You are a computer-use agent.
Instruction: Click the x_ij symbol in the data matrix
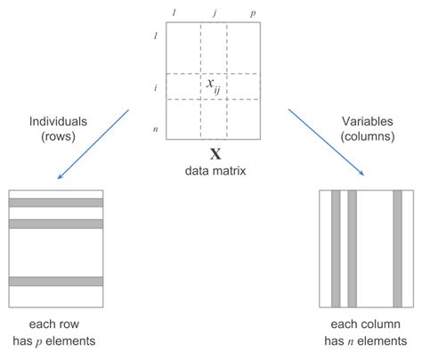coord(213,86)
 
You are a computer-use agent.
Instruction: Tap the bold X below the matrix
coord(214,153)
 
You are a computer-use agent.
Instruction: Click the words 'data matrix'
coord(214,168)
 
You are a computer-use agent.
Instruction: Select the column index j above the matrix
coord(214,13)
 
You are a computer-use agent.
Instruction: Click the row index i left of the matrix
coord(157,86)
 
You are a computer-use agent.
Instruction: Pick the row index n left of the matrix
coord(157,128)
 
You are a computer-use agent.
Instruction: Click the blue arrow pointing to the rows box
coord(94,143)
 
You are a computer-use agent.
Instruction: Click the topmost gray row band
coord(55,202)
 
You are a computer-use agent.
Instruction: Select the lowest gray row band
coord(55,282)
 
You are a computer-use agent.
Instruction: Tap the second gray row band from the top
coord(55,223)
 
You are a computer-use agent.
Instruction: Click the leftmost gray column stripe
coord(336,247)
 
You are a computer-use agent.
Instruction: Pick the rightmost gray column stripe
coord(397,247)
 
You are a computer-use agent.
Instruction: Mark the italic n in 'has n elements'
coord(354,340)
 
